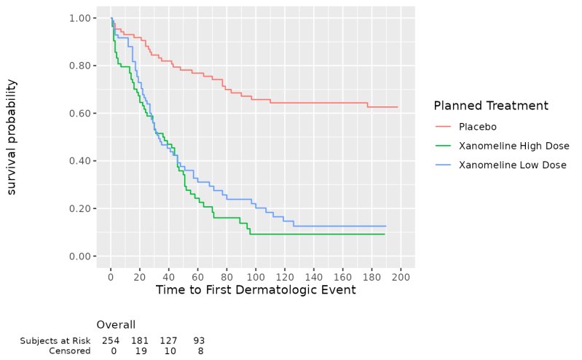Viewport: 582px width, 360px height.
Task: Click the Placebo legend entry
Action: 478,126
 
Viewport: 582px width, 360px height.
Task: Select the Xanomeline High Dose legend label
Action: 514,146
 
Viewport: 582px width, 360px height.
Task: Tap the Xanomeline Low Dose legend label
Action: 512,165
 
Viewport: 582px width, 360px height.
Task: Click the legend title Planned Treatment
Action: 490,106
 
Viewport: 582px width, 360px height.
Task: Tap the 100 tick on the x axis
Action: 256,277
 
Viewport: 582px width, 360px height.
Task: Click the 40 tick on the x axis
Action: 169,277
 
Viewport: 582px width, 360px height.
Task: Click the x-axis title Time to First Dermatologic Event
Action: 256,290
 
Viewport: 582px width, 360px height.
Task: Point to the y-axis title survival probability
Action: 12,137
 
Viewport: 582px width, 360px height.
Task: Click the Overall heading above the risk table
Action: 116,325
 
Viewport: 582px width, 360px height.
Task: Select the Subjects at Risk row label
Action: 55,340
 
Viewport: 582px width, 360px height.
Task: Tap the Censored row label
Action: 70,351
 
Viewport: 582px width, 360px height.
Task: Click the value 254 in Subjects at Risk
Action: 111,340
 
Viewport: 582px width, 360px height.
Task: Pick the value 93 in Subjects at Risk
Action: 199,340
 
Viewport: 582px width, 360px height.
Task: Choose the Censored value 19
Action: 140,351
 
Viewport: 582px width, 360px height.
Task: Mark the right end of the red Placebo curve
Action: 398,107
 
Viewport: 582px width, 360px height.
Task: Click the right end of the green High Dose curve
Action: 385,234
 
